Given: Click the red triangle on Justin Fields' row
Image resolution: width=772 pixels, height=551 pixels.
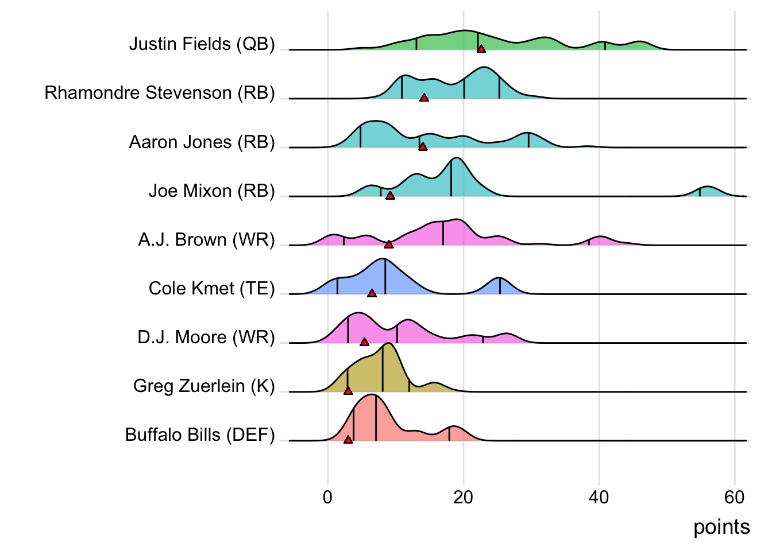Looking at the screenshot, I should point(481,49).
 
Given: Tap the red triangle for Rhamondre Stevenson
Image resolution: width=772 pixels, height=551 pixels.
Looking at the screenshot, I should point(424,98).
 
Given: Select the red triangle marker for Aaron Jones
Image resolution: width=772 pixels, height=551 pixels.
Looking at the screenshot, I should point(423,146).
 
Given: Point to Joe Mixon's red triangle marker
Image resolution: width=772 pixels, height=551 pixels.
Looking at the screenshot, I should point(390,196).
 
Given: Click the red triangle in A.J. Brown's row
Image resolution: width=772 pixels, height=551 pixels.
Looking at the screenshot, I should point(389,245).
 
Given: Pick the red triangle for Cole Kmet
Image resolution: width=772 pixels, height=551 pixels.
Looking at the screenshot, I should point(372,293).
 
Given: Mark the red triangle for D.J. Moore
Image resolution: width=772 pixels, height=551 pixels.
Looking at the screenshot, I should point(364,342).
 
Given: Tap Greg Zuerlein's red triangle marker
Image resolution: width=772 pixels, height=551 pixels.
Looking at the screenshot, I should point(348,391).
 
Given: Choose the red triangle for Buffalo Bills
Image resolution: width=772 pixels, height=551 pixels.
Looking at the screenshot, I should point(348,440).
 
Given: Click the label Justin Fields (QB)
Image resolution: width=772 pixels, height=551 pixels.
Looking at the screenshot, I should point(202,44).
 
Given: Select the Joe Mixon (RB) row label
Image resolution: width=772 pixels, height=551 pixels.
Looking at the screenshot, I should point(211,191).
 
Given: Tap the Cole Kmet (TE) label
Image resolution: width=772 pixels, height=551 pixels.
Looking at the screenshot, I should point(211,288).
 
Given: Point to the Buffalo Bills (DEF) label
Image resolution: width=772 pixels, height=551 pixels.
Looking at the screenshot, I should point(200,435).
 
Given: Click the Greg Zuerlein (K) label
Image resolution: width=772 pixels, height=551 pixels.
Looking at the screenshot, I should point(204,386).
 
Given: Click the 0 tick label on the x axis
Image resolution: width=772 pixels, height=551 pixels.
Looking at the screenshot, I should point(327,497).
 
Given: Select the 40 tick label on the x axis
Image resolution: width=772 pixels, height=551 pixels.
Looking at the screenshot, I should point(599,497).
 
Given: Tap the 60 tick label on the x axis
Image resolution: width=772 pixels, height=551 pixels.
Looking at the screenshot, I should point(734,497).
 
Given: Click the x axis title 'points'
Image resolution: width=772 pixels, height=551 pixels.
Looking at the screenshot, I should point(721,527).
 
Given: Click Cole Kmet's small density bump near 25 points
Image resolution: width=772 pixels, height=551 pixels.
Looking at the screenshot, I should point(500,285).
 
